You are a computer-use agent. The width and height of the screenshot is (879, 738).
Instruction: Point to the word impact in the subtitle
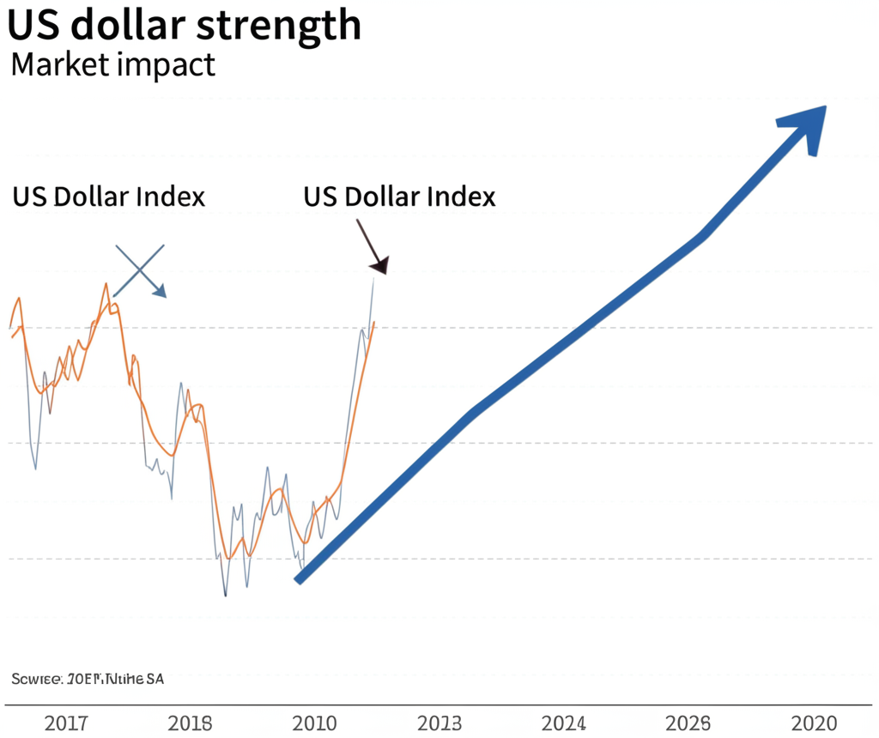click(x=171, y=66)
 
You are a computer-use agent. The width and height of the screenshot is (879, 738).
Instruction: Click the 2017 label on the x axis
click(x=65, y=723)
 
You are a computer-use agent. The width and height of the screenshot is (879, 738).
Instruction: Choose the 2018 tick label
click(x=190, y=723)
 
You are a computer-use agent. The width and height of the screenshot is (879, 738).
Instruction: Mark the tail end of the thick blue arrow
click(x=299, y=580)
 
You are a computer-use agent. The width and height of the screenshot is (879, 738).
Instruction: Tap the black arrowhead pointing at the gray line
click(x=379, y=265)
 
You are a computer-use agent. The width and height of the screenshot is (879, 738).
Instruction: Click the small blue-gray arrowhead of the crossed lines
click(x=160, y=291)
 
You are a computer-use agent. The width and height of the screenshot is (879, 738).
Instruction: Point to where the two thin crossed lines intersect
click(x=139, y=269)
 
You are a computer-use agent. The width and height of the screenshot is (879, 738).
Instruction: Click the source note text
click(x=88, y=679)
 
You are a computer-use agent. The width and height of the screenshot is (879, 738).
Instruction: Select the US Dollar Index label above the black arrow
click(x=399, y=197)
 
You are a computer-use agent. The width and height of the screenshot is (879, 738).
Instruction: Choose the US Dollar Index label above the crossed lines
click(x=109, y=197)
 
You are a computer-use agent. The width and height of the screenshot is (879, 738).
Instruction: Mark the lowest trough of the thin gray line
click(x=226, y=595)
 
